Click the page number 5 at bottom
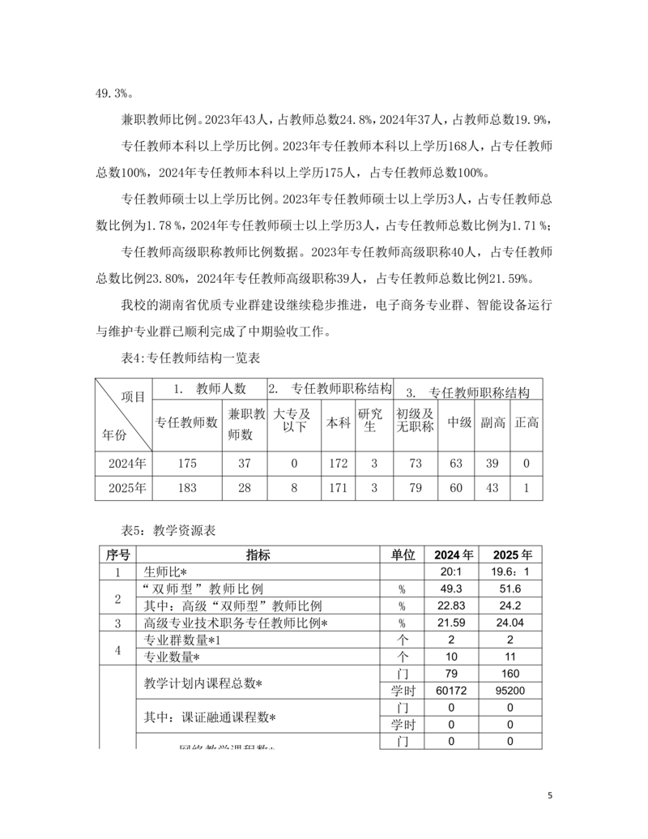(x=550, y=794)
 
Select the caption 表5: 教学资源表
(x=168, y=531)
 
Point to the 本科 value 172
(x=338, y=464)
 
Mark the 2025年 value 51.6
(x=512, y=589)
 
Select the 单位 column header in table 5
(x=403, y=555)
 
